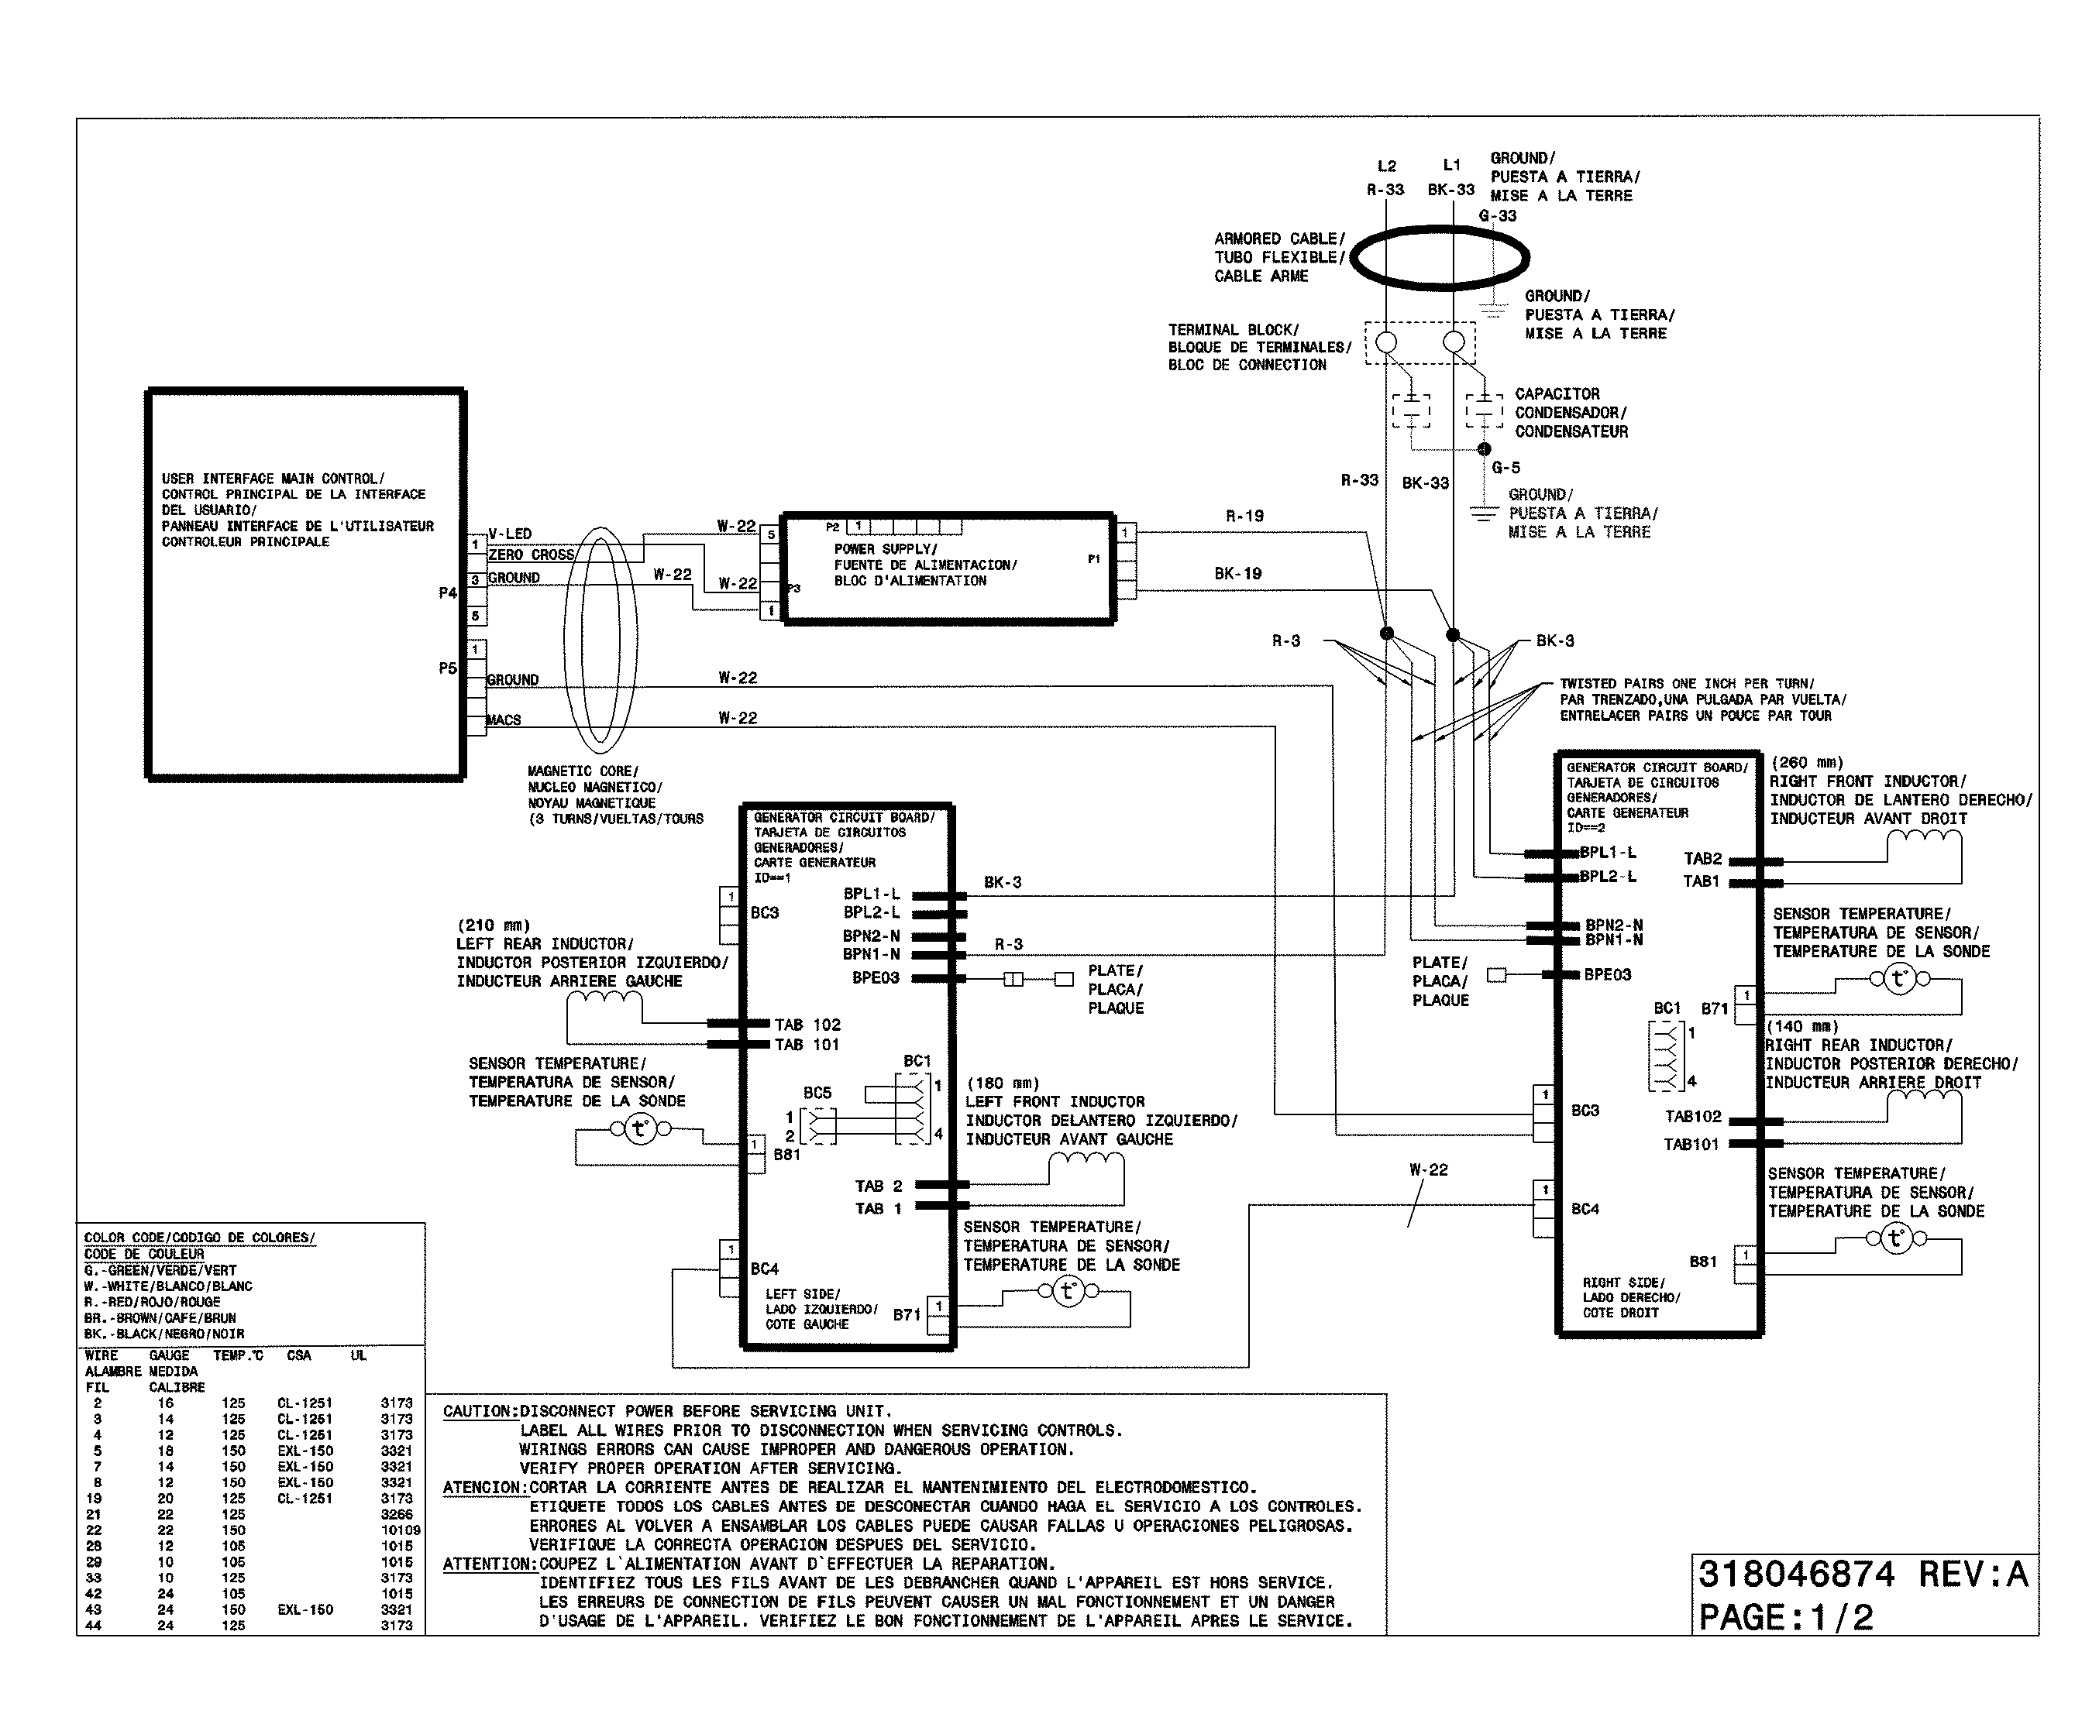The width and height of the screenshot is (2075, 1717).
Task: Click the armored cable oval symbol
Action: coord(1439,258)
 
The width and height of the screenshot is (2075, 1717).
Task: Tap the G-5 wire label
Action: coord(1505,467)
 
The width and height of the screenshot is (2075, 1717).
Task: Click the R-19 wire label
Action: coord(1244,516)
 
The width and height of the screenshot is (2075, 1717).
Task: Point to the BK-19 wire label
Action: coord(1237,573)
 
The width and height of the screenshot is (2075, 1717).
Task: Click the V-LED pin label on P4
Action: coord(510,534)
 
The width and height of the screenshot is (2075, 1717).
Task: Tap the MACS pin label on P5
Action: coord(504,720)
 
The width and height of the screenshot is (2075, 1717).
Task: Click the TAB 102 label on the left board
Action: coord(807,1025)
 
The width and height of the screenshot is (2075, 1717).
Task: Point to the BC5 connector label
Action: coord(817,1093)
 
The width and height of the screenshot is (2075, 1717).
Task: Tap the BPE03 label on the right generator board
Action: coord(1608,974)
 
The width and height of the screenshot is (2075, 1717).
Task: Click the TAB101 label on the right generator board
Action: coord(1691,1144)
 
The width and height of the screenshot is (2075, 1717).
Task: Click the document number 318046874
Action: coord(1795,1574)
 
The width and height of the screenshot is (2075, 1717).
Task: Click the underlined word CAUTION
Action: coord(479,1411)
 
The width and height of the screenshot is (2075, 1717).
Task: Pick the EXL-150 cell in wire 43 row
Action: coord(305,1609)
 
